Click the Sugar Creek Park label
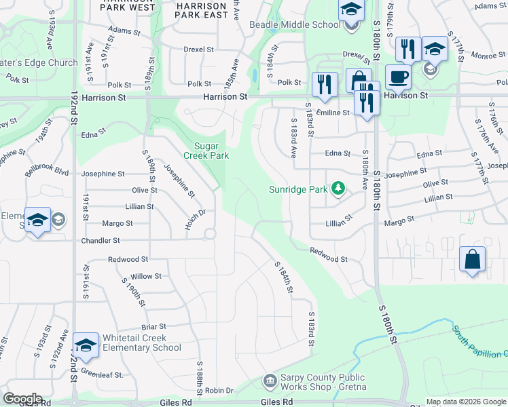click(x=212, y=151)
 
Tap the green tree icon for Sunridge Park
click(x=338, y=189)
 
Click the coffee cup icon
click(x=398, y=76)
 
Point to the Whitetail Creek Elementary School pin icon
click(x=86, y=346)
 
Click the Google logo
click(x=22, y=399)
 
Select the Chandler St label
click(x=101, y=240)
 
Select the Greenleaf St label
click(x=101, y=374)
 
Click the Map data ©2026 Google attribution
click(x=467, y=402)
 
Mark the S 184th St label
click(x=284, y=277)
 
